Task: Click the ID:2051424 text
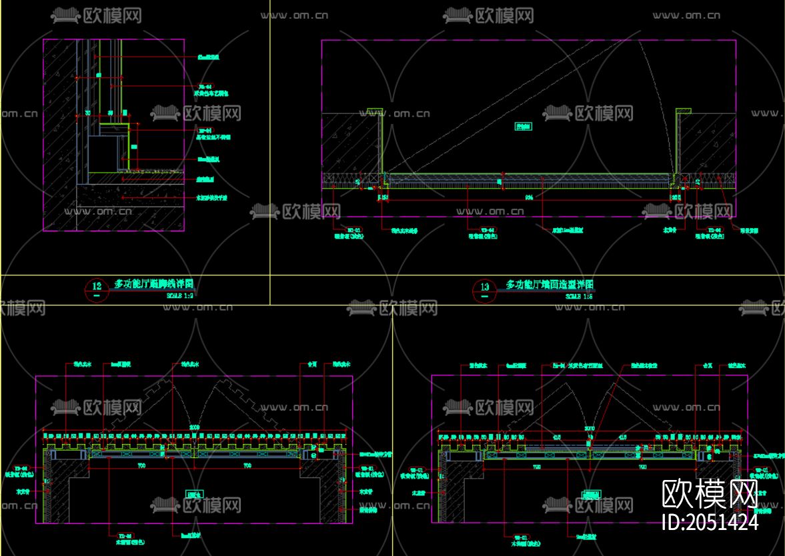point(710,521)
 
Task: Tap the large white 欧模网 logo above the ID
point(710,494)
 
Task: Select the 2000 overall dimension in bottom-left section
point(194,427)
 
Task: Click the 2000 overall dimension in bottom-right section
point(590,428)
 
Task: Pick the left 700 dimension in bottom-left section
point(142,465)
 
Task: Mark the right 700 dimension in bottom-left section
point(247,465)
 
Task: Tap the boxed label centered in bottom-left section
point(194,494)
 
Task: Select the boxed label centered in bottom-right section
point(590,495)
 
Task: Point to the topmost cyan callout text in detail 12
point(208,57)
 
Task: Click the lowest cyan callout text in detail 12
point(212,198)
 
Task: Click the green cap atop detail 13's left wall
point(373,110)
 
